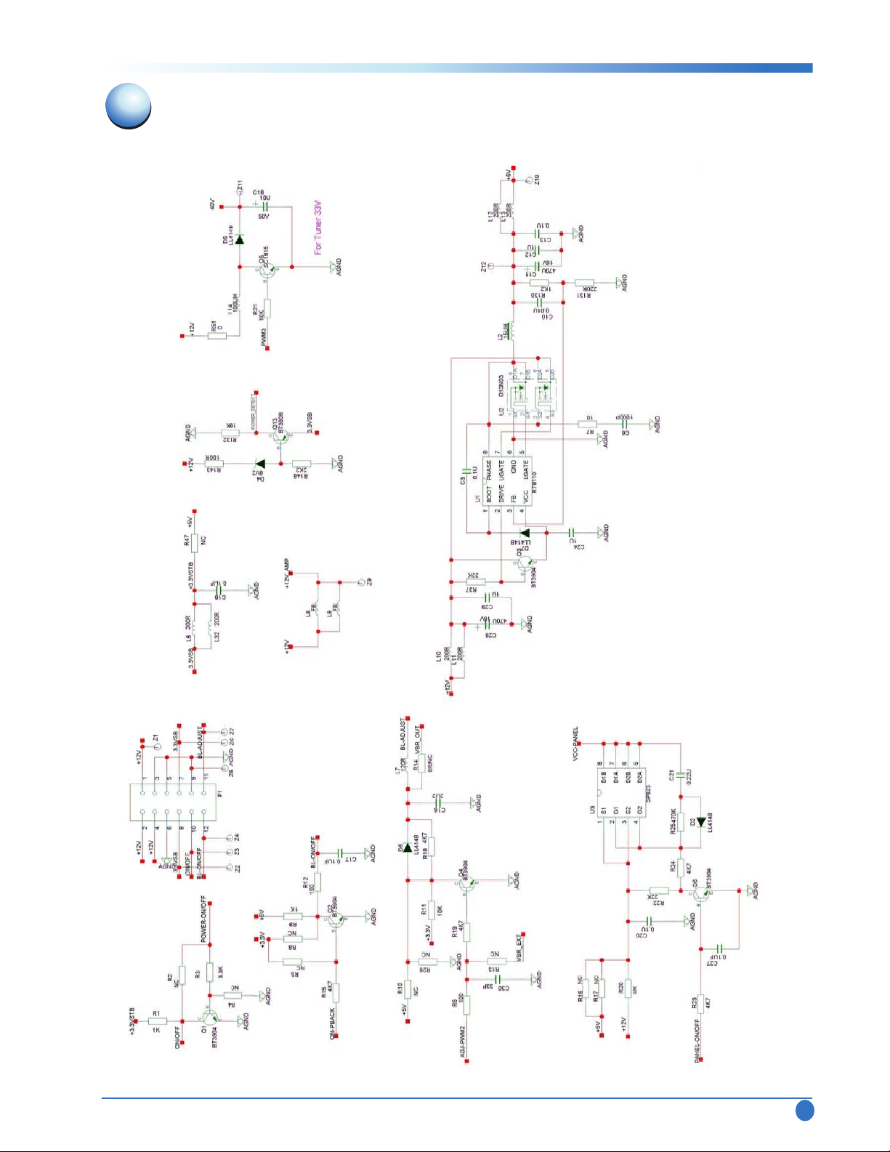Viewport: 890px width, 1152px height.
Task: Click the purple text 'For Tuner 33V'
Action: (x=317, y=227)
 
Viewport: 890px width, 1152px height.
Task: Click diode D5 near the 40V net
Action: (x=239, y=239)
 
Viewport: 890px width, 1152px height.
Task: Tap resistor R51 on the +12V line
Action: (x=219, y=336)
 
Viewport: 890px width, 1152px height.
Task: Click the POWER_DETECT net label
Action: (x=254, y=411)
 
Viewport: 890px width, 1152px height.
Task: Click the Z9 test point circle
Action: (x=361, y=582)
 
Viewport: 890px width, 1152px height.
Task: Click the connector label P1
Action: (x=220, y=794)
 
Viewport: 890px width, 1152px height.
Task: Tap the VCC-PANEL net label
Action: (x=576, y=742)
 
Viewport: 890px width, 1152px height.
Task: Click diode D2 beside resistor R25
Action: (x=700, y=822)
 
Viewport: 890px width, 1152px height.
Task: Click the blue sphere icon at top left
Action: (x=129, y=106)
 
